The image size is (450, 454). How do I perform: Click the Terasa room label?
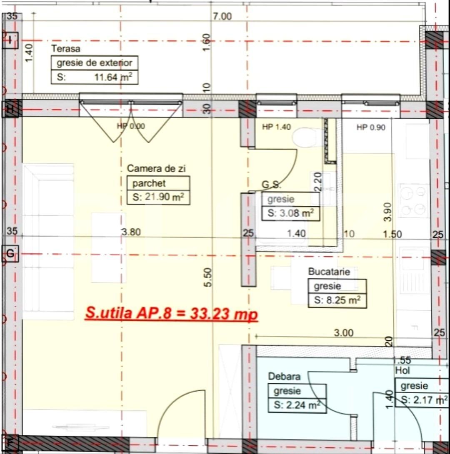tap(66, 49)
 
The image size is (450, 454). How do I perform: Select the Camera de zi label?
tap(156, 169)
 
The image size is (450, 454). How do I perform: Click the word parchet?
tap(149, 183)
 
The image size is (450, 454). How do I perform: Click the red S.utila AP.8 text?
tap(171, 313)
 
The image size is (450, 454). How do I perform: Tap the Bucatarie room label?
tap(329, 272)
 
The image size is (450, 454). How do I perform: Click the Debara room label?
tap(284, 377)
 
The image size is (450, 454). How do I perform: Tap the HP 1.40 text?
tap(276, 127)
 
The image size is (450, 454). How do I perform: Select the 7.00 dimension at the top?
tap(222, 17)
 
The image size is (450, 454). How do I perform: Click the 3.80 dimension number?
tap(131, 232)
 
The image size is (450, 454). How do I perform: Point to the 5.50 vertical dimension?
tap(208, 277)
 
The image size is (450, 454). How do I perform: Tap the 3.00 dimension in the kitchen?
tap(344, 332)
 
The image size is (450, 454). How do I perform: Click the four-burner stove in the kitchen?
tap(413, 200)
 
